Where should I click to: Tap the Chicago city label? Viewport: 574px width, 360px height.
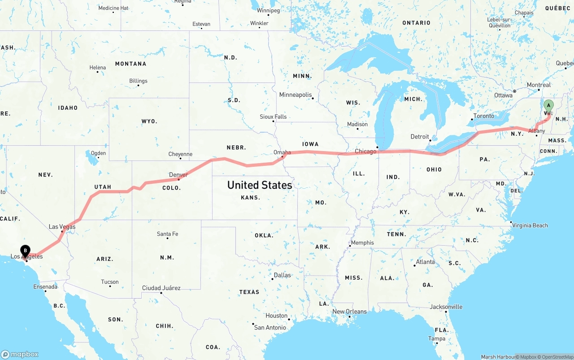point(365,152)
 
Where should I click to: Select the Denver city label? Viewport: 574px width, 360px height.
point(178,174)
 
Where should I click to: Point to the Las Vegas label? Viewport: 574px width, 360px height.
point(62,227)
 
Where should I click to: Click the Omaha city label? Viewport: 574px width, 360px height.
point(282,152)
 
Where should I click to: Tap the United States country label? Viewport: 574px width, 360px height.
point(259,185)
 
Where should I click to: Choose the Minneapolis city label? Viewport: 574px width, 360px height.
point(295,95)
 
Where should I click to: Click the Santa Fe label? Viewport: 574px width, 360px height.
point(167,234)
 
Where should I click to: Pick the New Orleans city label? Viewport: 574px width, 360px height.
point(349,312)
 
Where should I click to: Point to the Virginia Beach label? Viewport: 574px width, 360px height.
point(530,226)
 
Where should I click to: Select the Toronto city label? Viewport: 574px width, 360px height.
point(484,116)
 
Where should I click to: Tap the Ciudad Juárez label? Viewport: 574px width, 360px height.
point(161,288)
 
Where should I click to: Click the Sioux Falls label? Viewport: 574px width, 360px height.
point(273,117)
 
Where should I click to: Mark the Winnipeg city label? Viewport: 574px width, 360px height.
point(268,10)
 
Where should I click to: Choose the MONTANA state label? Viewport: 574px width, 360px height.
point(130,64)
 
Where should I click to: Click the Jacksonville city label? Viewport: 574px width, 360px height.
point(446,307)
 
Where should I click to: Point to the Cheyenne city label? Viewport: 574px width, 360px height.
point(180,154)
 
